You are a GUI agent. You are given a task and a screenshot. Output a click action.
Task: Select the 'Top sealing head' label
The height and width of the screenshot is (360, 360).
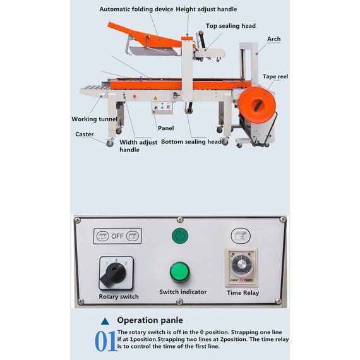(x=231, y=26)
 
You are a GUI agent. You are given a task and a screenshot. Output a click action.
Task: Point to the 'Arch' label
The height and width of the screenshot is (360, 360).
(x=273, y=39)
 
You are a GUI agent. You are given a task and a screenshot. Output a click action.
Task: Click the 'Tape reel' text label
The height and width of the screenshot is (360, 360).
(x=275, y=76)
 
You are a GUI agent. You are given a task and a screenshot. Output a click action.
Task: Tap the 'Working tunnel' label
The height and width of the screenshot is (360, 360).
(x=93, y=119)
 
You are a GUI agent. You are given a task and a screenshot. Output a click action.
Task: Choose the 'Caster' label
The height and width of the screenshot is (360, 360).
(x=85, y=134)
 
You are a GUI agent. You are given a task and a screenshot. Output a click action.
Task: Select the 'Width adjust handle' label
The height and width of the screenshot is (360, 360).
(x=138, y=146)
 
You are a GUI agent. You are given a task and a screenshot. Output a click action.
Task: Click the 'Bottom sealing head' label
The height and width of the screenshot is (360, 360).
(x=191, y=142)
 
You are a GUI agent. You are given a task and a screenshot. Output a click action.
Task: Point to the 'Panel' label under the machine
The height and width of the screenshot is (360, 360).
(x=165, y=128)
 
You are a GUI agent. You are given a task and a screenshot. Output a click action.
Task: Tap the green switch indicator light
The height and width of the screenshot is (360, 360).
(x=180, y=272)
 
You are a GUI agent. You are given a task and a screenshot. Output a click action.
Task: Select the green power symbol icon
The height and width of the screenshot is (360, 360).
(x=180, y=236)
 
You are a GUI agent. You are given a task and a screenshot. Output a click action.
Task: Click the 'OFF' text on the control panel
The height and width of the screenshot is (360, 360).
(x=117, y=236)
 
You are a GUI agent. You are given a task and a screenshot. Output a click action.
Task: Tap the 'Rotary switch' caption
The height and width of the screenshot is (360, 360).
(x=118, y=297)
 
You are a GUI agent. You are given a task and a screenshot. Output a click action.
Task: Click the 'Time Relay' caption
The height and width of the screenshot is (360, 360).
(x=243, y=293)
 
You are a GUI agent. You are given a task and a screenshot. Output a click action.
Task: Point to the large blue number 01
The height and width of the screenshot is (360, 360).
(x=105, y=341)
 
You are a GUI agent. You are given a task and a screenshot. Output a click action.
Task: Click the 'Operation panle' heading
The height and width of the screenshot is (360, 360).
(x=150, y=320)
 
